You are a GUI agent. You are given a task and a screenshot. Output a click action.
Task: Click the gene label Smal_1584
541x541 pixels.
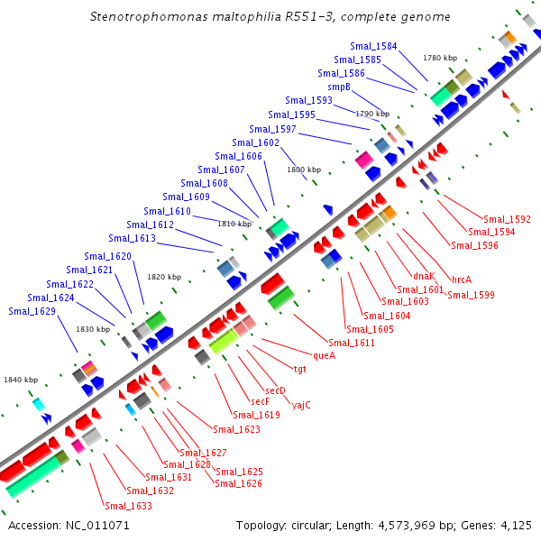(374, 46)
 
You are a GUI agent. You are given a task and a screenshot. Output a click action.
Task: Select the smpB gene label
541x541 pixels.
(339, 87)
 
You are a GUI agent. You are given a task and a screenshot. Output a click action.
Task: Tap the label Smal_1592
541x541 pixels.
(507, 219)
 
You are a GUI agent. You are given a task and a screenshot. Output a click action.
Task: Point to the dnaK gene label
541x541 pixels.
(424, 276)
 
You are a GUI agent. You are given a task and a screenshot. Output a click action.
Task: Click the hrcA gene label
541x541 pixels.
(462, 280)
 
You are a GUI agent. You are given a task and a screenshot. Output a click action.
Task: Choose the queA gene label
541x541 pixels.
(324, 355)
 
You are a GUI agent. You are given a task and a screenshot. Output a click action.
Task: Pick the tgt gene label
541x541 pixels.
(300, 369)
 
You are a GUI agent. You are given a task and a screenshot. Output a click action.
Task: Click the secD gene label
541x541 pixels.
(275, 390)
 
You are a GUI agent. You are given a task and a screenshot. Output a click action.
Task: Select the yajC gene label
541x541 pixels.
(301, 405)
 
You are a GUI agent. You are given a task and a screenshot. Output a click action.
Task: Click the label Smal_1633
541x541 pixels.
(128, 506)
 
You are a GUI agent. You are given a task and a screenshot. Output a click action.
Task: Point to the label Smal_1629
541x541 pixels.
(32, 311)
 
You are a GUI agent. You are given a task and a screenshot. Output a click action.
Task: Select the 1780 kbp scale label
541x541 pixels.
(440, 58)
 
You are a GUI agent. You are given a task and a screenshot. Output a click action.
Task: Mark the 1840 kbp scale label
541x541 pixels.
(21, 380)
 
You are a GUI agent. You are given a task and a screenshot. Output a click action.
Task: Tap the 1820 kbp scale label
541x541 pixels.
(164, 277)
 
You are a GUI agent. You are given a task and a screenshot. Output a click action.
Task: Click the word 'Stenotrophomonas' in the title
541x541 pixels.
(146, 16)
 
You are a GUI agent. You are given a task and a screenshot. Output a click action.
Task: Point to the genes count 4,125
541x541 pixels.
(514, 525)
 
